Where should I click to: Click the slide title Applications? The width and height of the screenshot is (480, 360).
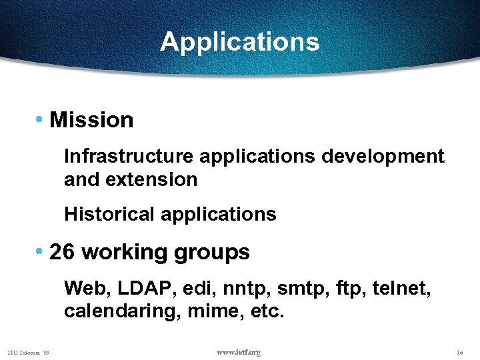click(240, 42)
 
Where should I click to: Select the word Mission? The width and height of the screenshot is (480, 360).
click(91, 121)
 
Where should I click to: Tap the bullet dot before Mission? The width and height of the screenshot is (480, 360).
click(40, 119)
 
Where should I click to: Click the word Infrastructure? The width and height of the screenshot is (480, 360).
click(129, 157)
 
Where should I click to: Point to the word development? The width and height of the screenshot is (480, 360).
click(382, 157)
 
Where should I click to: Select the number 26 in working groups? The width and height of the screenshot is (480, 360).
click(62, 253)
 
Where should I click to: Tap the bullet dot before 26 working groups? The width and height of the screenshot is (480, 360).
click(40, 251)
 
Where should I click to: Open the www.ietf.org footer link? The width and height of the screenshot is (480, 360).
click(239, 352)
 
